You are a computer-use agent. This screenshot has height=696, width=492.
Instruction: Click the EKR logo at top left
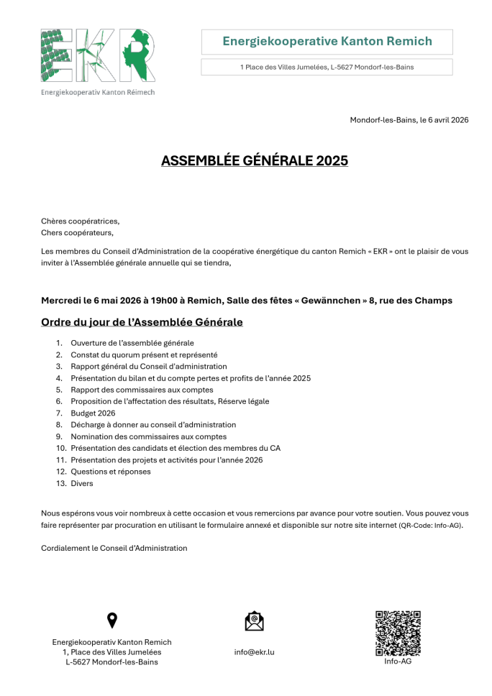pos(98,55)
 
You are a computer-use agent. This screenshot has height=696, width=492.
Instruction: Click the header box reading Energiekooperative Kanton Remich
pos(327,42)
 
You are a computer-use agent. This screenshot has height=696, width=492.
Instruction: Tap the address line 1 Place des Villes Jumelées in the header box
pos(327,67)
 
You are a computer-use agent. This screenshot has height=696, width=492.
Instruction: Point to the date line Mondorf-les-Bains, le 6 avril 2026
pos(409,119)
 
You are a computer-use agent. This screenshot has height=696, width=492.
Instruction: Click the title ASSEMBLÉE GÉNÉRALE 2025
pos(254,160)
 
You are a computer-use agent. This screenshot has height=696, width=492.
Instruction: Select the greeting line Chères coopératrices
pos(81,221)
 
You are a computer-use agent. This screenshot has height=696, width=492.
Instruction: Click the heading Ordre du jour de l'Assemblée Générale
pos(142,321)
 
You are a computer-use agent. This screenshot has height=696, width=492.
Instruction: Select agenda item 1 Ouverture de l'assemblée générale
pos(132,343)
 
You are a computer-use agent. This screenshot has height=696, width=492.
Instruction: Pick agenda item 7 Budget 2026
pos(93,413)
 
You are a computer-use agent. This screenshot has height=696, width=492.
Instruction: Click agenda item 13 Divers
pos(82,484)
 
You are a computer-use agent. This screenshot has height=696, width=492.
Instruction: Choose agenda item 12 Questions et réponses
pos(111,472)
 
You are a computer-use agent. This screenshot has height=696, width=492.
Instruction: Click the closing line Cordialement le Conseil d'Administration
pos(114,548)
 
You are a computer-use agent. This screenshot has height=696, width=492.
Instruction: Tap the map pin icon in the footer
pos(111,621)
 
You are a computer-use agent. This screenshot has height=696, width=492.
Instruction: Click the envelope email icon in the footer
pos(254,621)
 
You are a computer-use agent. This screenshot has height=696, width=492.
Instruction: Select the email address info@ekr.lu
pos(254,652)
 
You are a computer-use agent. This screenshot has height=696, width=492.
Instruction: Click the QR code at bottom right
pos(398,633)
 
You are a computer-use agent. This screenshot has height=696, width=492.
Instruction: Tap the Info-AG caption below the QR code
pos(398,661)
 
